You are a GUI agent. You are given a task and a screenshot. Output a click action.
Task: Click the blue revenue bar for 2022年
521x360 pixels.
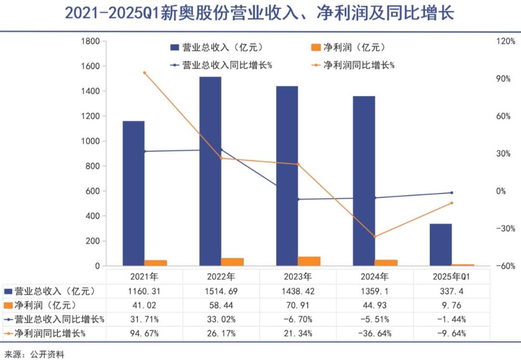(210, 171)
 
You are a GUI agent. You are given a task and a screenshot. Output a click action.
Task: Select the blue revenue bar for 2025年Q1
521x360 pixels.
(441, 245)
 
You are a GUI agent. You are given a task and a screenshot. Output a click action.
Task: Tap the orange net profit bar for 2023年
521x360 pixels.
(309, 261)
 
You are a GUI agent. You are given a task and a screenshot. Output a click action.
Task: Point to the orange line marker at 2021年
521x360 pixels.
(144, 73)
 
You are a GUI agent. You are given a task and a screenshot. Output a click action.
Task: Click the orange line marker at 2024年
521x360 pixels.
(375, 236)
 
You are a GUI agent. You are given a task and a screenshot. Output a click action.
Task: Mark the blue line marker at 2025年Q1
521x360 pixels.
(452, 193)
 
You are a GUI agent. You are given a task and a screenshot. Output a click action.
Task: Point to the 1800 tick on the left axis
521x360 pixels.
(90, 41)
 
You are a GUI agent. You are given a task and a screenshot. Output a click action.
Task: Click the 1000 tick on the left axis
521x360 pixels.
(90, 141)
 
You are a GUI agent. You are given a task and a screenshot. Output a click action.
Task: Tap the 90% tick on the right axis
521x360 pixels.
(503, 79)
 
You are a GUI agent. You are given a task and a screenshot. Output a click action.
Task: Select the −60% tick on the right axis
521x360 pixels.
(505, 266)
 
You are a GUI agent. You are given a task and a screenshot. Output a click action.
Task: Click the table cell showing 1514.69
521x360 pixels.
(221, 291)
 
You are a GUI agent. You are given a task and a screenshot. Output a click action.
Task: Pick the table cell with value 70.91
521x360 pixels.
(298, 305)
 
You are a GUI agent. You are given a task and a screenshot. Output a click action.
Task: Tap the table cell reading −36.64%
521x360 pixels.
(375, 333)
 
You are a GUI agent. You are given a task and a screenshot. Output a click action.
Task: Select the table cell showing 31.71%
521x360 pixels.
(144, 319)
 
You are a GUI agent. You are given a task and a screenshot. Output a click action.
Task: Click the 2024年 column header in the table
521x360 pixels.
(375, 277)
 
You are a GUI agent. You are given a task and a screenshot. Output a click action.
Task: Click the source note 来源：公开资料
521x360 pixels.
(35, 354)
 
